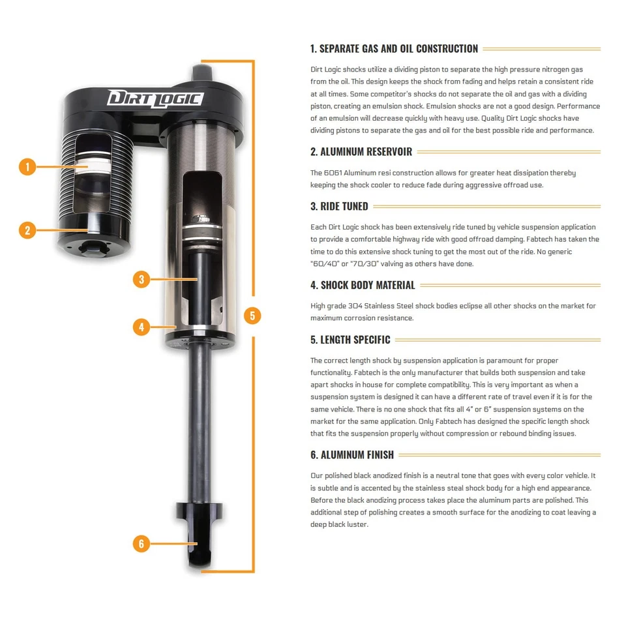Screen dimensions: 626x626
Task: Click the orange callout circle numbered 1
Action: pos(27,167)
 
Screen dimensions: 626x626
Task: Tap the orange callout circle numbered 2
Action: pos(27,230)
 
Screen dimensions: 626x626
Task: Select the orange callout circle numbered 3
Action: pos(142,279)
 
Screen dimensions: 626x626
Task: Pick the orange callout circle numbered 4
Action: pos(142,326)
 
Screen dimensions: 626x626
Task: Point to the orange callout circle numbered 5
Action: pos(252,316)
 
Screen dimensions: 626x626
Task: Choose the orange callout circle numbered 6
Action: pos(142,543)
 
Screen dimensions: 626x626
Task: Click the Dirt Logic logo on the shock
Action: pos(155,98)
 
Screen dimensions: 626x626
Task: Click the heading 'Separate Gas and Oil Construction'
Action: pos(394,49)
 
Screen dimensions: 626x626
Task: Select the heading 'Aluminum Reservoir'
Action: pos(361,152)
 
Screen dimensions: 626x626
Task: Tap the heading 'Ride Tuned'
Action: pos(339,207)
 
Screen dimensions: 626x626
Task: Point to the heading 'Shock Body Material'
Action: pos(363,285)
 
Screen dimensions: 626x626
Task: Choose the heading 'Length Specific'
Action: pos(350,340)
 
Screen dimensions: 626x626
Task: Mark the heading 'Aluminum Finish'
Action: pos(352,455)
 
